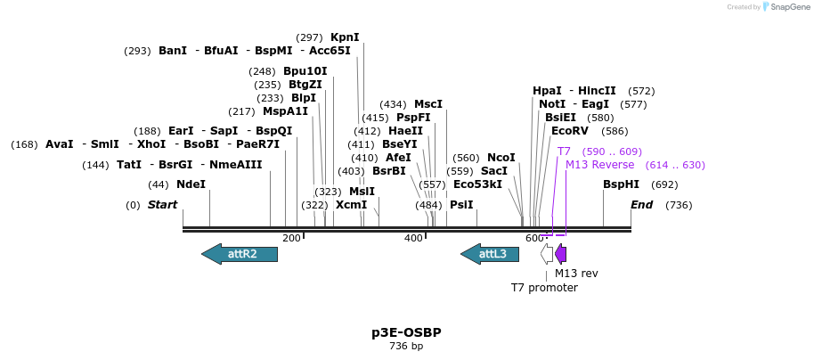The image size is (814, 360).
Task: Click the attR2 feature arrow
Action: pyautogui.click(x=240, y=254)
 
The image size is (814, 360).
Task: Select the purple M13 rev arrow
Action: pyautogui.click(x=561, y=254)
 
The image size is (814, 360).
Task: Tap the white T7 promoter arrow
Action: pyautogui.click(x=547, y=254)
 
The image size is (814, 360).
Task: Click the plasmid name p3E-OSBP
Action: pyautogui.click(x=406, y=332)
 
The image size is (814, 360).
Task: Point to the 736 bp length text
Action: pyautogui.click(x=406, y=346)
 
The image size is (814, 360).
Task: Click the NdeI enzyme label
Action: pyautogui.click(x=191, y=184)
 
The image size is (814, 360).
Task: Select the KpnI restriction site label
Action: pyautogui.click(x=345, y=37)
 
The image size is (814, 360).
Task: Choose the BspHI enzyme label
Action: pyautogui.click(x=621, y=184)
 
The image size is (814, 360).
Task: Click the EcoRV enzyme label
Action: pyautogui.click(x=570, y=131)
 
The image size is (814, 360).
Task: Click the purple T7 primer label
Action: pyautogui.click(x=564, y=151)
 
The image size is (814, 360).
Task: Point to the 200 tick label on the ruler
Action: pyautogui.click(x=291, y=238)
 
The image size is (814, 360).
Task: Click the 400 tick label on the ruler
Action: pyautogui.click(x=413, y=238)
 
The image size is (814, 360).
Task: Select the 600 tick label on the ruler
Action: pyautogui.click(x=534, y=238)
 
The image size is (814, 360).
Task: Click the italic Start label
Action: pyautogui.click(x=162, y=205)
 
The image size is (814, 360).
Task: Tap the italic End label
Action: pyautogui.click(x=641, y=205)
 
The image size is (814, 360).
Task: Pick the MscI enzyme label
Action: pyautogui.click(x=428, y=104)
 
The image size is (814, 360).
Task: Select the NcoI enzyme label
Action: pyautogui.click(x=501, y=158)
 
